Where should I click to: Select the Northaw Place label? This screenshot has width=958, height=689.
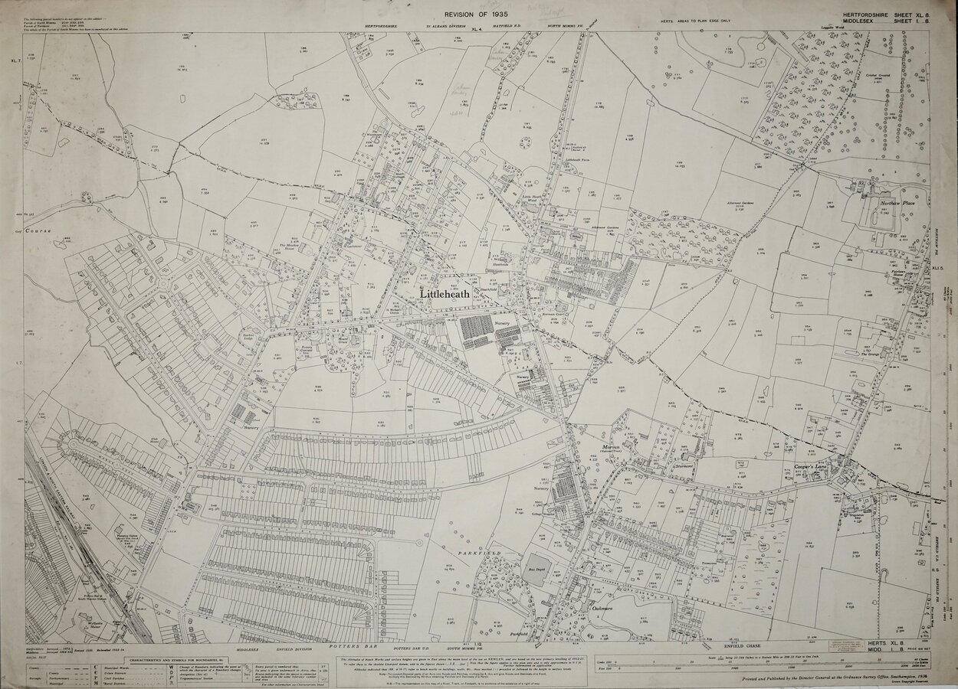pos(897,203)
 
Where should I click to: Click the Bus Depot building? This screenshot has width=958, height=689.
pos(538,570)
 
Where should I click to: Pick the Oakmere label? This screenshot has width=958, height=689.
pos(602,609)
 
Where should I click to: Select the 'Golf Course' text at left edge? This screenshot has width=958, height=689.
pos(37,230)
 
